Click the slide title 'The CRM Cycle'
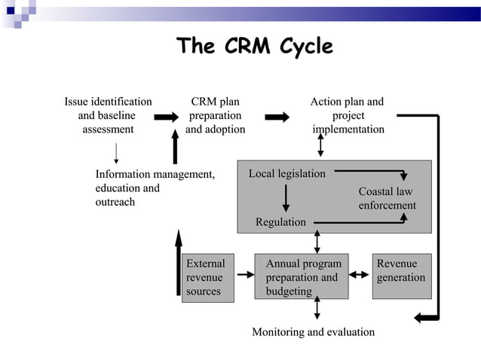click(x=254, y=47)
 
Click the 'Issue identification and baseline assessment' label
click(x=108, y=115)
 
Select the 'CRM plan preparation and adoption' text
click(x=215, y=115)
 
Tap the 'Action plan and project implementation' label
click(x=348, y=115)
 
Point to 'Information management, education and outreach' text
click(x=155, y=188)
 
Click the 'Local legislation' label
click(x=286, y=174)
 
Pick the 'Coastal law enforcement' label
click(x=387, y=198)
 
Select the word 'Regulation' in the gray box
click(x=280, y=222)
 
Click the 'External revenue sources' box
click(x=205, y=277)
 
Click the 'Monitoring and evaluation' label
click(x=313, y=332)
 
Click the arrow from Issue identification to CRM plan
click(x=166, y=117)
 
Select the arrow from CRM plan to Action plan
click(x=277, y=117)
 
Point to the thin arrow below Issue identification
click(x=115, y=153)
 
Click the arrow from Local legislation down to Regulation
click(x=286, y=198)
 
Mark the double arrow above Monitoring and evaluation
click(x=317, y=307)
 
